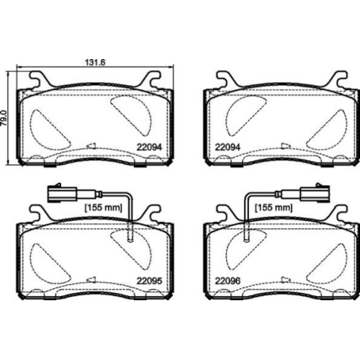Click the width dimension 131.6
95,63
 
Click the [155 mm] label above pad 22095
102,208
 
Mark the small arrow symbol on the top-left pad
91,146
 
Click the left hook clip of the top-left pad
40,80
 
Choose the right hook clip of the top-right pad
333,80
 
